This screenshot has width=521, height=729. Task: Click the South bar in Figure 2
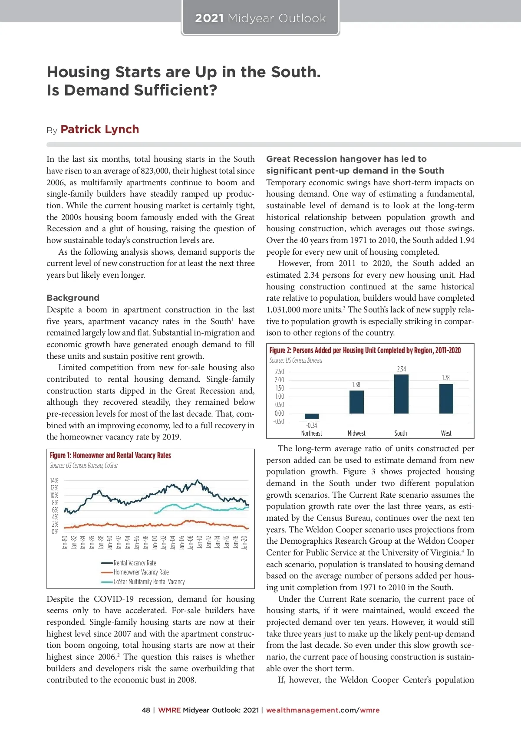[x=401, y=394]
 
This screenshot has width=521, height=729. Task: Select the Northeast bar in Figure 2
[x=311, y=416]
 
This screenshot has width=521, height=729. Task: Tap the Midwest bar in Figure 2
[x=356, y=402]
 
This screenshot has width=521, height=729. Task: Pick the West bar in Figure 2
[x=446, y=398]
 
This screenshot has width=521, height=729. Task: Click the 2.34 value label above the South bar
[x=401, y=369]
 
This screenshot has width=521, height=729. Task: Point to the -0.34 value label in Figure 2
[x=311, y=425]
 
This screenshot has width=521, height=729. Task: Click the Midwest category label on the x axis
[x=356, y=433]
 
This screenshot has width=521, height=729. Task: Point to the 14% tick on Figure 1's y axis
[x=54, y=480]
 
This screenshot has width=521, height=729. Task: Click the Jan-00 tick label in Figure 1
[x=155, y=542]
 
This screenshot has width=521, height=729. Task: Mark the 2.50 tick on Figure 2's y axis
[x=279, y=371]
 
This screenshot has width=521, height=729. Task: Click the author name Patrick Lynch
[x=100, y=129]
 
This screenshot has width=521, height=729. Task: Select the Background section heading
[x=73, y=298]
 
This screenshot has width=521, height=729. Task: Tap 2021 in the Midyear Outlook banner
[x=209, y=18]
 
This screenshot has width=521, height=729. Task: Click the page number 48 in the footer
[x=146, y=710]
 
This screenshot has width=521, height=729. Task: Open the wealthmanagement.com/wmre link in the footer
[x=323, y=710]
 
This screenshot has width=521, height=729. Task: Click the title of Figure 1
[x=110, y=455]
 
